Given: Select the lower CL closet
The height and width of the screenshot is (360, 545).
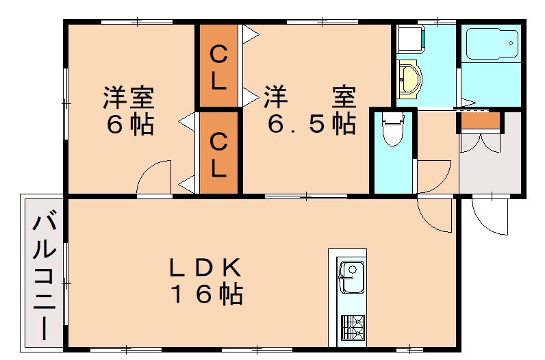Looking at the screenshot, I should (218, 153).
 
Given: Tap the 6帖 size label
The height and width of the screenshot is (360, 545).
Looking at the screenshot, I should (129, 125).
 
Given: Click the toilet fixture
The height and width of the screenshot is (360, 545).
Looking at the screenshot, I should (393, 131).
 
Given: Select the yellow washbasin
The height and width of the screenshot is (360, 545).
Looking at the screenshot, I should (410, 78).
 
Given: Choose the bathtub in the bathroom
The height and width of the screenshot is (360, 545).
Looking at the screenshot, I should (491, 45).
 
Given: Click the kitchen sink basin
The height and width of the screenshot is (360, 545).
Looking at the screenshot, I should (351, 277).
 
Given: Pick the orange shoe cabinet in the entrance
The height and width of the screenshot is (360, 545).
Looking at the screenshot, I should (479, 120).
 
